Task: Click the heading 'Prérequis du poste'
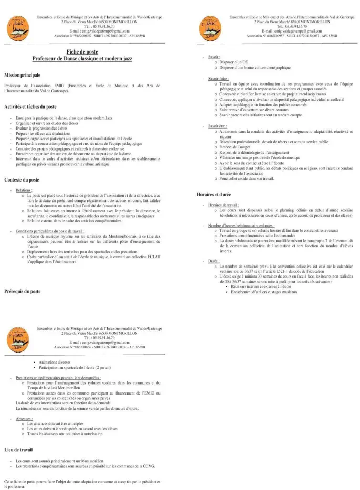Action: pyautogui.click(x=23, y=291)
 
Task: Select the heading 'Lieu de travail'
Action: pyautogui.click(x=18, y=450)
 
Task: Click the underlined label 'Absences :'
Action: pyautogui.click(x=24, y=419)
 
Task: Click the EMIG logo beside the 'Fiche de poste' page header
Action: pyautogui.click(x=17, y=26)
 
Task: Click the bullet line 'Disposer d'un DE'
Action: pyautogui.click(x=230, y=62)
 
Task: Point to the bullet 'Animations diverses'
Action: pyautogui.click(x=55, y=362)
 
